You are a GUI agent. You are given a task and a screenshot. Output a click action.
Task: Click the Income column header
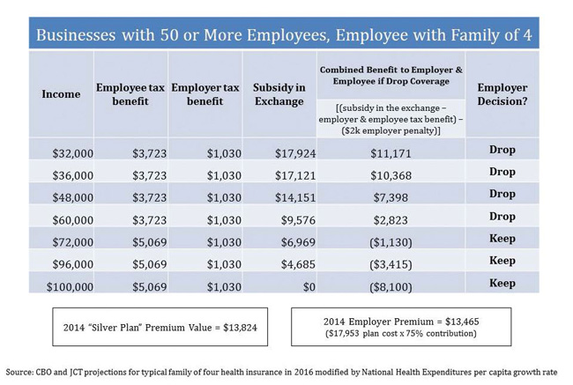[61, 94]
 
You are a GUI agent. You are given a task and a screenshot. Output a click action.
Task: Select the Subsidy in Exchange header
[279, 94]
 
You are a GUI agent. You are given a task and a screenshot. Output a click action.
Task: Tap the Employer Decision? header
[502, 94]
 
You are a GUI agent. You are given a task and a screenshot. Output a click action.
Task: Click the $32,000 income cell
[72, 153]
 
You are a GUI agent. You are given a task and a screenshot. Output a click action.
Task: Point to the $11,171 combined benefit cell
[391, 153]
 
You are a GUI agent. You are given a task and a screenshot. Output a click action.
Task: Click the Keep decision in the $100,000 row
[502, 283]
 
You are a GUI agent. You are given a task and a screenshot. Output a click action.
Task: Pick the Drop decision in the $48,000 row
[502, 194]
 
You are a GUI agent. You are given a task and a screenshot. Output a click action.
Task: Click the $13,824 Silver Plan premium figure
[225, 328]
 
